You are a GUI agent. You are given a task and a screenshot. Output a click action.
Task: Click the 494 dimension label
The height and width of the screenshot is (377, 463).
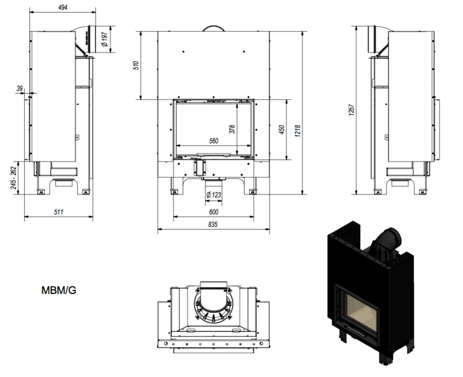tap(62, 8)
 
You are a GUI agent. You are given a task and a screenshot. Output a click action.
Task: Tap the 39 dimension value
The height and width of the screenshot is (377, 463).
tap(20, 88)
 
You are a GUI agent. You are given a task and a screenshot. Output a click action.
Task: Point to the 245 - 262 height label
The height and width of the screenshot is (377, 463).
tap(13, 178)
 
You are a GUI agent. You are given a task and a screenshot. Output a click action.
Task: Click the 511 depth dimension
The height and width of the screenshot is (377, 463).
tap(58, 212)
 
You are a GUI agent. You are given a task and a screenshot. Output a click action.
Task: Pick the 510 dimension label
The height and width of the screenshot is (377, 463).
tap(136, 65)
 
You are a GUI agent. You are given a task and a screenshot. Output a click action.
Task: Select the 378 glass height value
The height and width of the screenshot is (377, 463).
tap(233, 129)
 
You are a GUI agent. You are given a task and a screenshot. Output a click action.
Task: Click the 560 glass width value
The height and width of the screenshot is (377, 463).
tap(214, 141)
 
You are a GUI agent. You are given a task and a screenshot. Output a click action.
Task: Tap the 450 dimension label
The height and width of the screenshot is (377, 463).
tap(282, 129)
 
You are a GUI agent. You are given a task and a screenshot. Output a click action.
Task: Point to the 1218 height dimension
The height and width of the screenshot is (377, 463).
tap(298, 130)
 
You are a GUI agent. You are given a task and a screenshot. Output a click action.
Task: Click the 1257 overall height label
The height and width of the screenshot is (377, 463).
tap(352, 110)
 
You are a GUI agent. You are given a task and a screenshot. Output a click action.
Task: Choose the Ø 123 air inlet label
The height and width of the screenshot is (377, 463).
tap(214, 195)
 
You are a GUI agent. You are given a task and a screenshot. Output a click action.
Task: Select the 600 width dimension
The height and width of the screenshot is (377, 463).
tap(214, 212)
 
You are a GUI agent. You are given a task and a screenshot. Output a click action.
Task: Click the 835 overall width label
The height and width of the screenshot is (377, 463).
tap(212, 225)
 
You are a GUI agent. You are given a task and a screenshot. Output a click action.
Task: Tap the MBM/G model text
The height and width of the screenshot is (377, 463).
tap(59, 290)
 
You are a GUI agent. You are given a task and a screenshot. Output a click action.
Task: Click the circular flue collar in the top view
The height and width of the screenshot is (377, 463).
tap(213, 305)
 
